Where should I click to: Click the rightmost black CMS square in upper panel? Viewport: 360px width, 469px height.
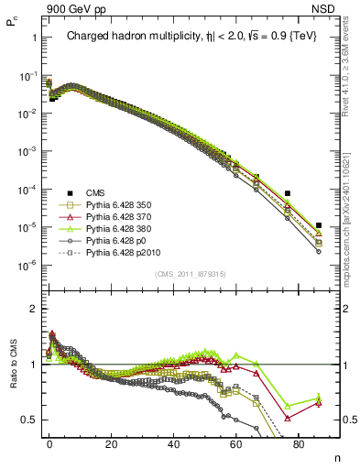point(318,225)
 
